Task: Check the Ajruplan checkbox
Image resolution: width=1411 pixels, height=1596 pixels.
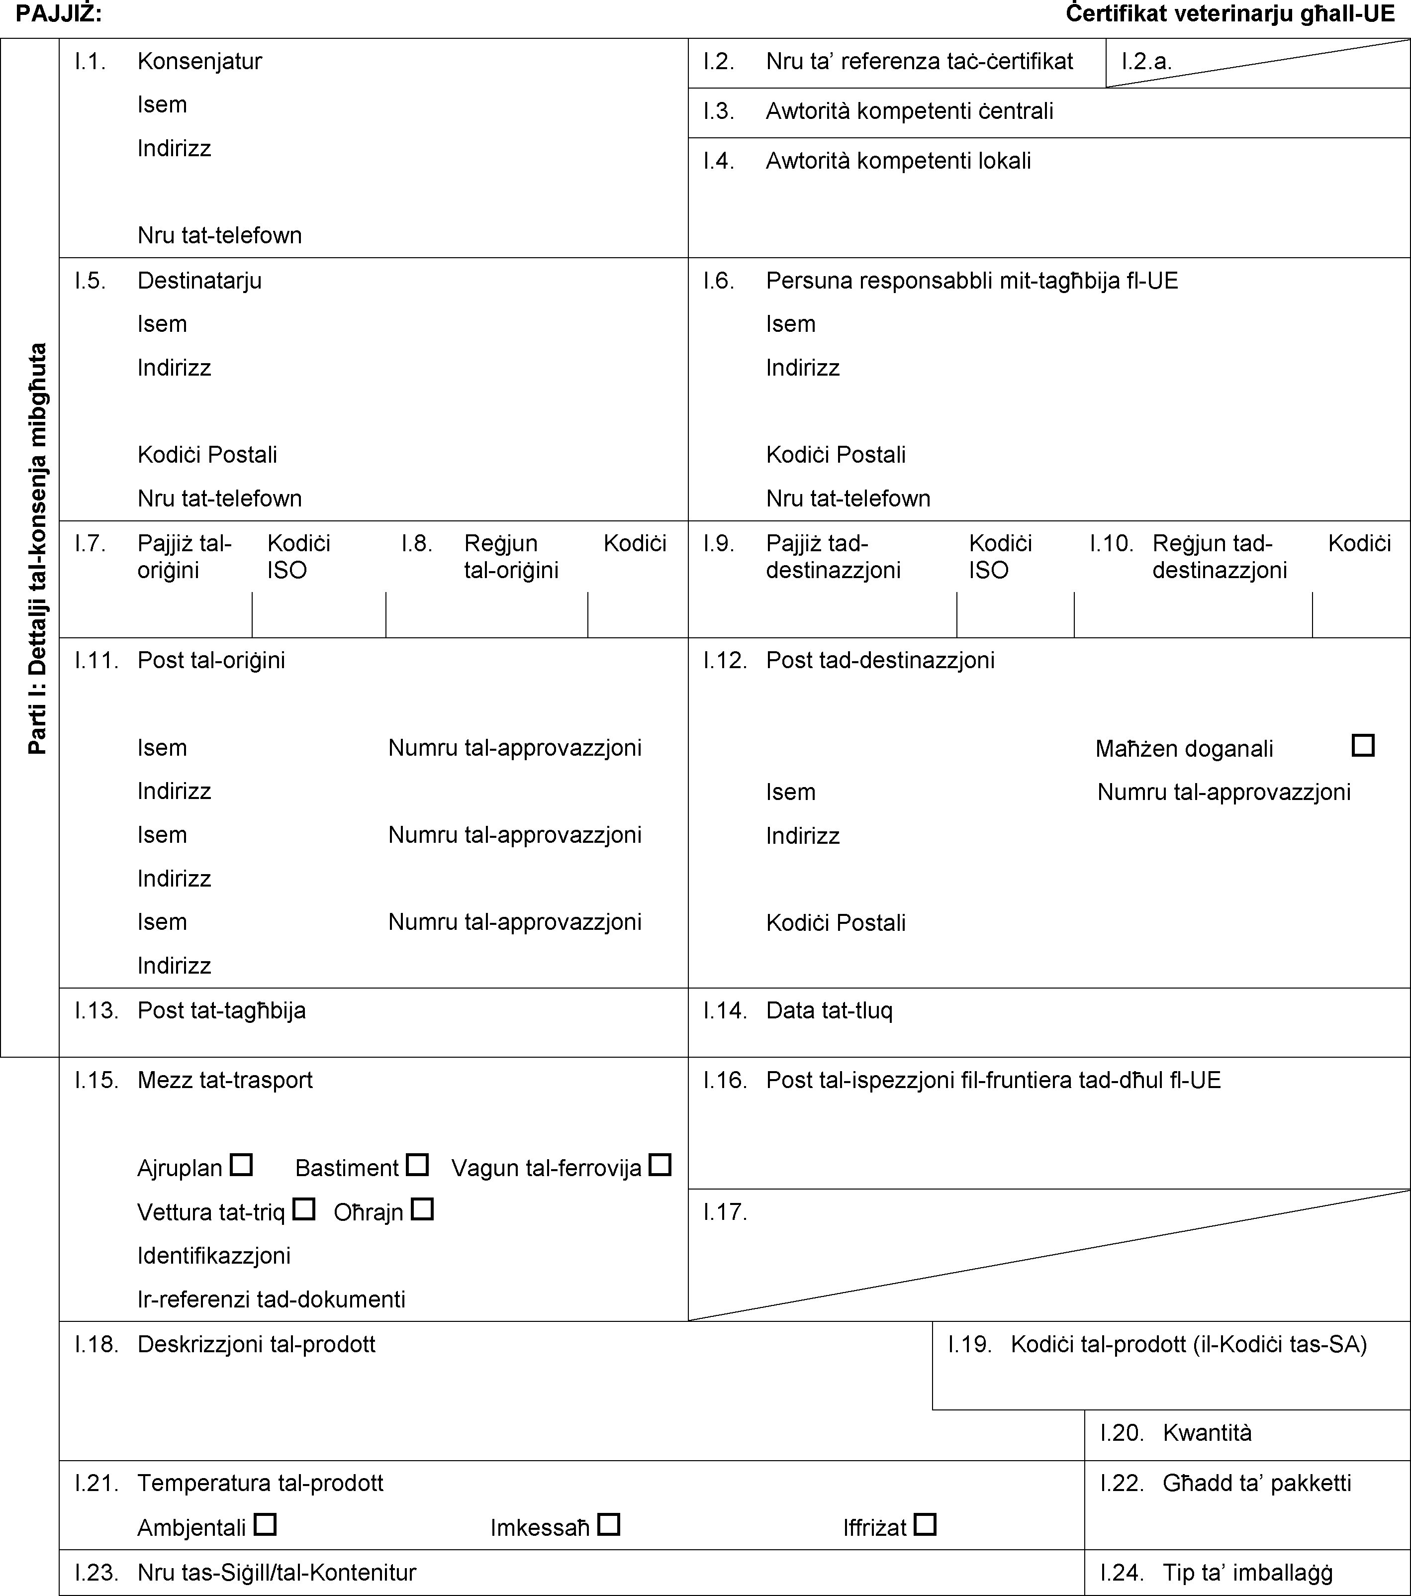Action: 241,1165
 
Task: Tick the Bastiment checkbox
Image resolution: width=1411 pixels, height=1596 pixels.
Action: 417,1165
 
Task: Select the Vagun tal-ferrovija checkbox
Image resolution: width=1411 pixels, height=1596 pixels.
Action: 660,1165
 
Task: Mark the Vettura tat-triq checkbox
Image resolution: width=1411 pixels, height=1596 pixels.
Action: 303,1209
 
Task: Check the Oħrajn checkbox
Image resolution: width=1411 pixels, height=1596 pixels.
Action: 422,1209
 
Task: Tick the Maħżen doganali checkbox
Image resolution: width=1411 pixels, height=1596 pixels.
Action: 1363,745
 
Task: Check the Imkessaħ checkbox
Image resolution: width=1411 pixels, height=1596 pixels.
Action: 609,1524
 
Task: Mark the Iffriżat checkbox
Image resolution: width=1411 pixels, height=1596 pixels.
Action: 926,1524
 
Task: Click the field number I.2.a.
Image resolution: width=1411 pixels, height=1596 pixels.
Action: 1146,62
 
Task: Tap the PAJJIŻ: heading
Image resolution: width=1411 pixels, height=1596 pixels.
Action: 59,13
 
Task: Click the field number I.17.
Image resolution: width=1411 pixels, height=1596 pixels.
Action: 725,1212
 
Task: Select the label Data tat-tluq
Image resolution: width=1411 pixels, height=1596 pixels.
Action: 829,1010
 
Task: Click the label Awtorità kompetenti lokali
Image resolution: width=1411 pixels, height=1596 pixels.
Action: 898,161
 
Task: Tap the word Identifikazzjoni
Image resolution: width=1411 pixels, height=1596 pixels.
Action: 214,1256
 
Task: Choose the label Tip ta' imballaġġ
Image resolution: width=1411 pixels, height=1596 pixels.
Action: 1247,1572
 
